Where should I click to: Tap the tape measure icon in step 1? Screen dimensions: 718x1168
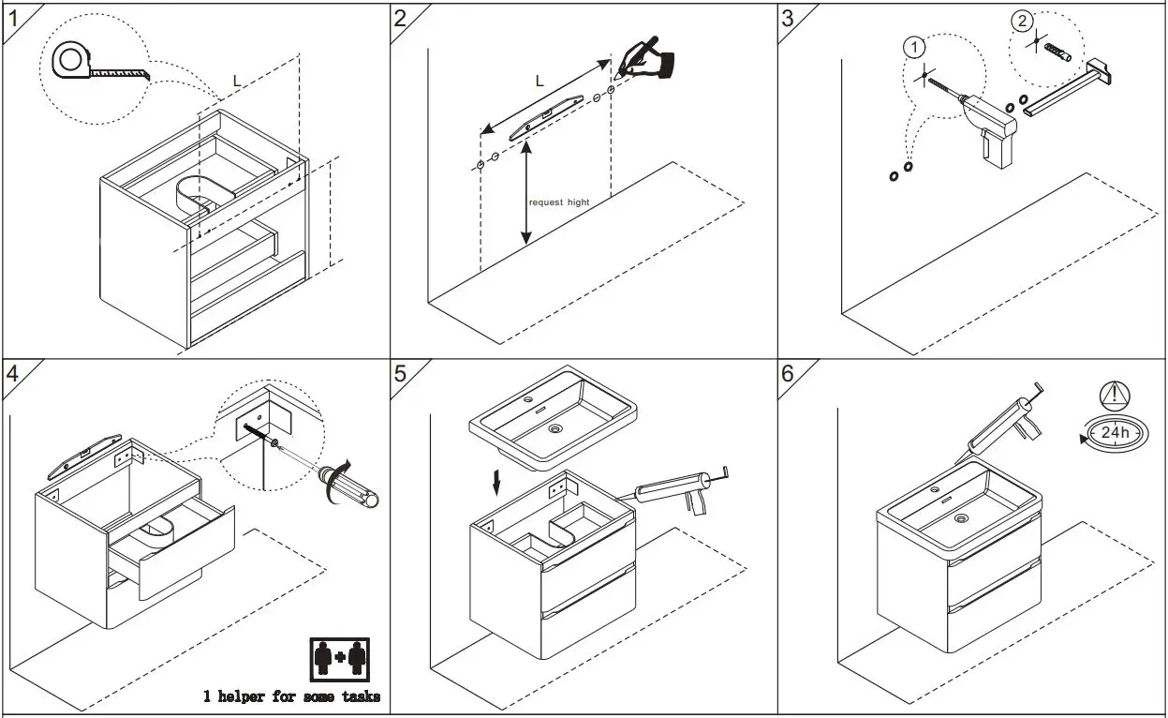70,62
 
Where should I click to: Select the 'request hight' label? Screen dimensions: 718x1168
559,202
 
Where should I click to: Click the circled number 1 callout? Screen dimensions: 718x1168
914,46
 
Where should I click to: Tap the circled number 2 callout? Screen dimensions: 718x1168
1022,20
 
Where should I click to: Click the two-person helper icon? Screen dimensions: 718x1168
338,659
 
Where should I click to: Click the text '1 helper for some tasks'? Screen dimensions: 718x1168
292,696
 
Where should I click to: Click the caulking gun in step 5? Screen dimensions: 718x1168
670,489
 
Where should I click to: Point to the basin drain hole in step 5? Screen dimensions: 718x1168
555,429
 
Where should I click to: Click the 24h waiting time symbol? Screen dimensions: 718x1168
1115,433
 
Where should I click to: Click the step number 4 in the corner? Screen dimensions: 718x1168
12,373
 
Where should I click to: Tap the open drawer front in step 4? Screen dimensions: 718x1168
187,553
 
